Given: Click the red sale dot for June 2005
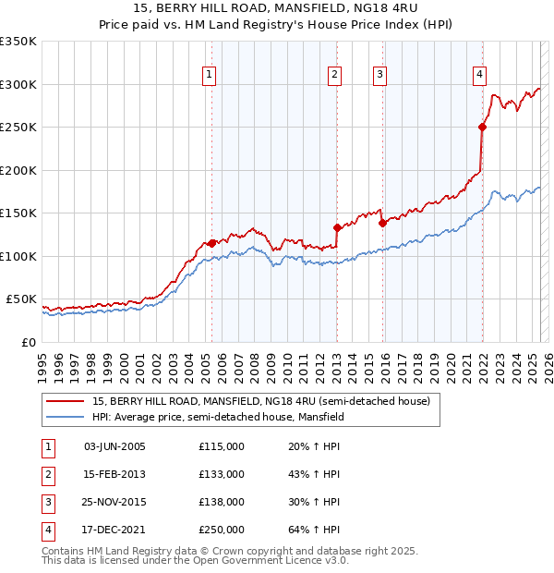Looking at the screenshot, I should tap(212, 243).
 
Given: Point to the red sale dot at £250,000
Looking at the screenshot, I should tap(482, 127).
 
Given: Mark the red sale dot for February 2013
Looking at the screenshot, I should tap(337, 227).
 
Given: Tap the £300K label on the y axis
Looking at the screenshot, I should tap(18, 84).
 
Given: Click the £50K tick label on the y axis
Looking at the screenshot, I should tap(22, 299).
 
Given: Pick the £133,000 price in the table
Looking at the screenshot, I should tap(221, 474).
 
